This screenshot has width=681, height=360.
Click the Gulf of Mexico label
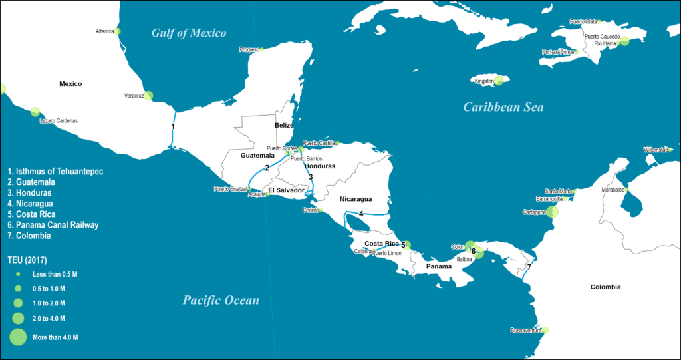tap(189, 33)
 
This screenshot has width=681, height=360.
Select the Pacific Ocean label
tap(221, 301)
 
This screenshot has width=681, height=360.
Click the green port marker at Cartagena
tap(551, 212)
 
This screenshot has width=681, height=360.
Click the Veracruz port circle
tap(148, 96)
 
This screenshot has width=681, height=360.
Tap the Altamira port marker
tap(118, 31)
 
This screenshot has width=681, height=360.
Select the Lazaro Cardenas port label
tap(59, 121)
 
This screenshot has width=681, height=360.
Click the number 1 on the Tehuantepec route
tap(173, 126)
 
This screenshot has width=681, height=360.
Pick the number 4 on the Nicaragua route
tap(361, 214)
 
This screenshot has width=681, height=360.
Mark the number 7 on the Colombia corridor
tap(529, 268)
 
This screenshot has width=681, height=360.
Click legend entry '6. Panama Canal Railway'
tap(53, 225)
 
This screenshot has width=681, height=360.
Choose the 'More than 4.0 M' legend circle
tap(18, 337)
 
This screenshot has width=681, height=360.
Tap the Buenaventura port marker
tap(545, 330)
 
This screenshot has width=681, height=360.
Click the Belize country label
tap(284, 125)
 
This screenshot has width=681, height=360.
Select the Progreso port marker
tap(261, 49)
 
